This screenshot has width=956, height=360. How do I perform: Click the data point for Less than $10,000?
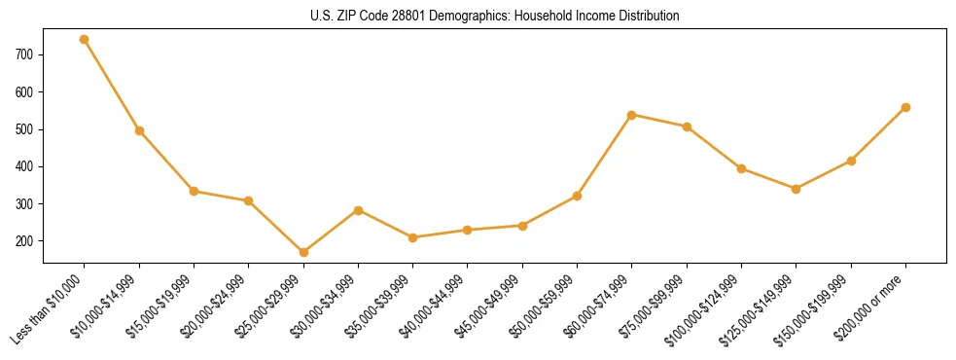click(x=85, y=40)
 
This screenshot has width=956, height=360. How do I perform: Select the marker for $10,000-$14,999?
click(x=139, y=130)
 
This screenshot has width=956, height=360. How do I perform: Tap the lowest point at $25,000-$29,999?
click(x=303, y=252)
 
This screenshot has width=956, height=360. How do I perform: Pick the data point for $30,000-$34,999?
click(x=358, y=210)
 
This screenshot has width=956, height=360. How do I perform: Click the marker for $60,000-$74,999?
click(x=632, y=115)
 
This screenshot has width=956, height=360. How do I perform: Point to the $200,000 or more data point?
click(x=905, y=107)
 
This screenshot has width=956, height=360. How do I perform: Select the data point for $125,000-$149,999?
click(x=796, y=189)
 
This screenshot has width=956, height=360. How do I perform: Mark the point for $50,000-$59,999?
click(x=577, y=196)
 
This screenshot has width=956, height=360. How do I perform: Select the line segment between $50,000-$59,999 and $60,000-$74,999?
click(x=604, y=156)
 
